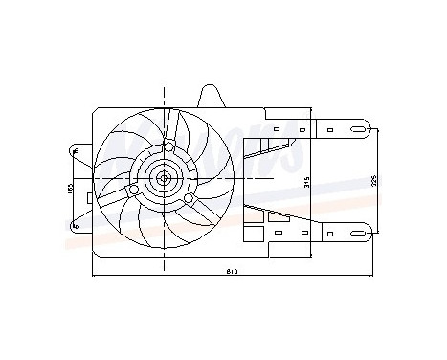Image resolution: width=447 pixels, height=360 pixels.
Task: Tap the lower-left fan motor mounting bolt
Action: [x=134, y=191]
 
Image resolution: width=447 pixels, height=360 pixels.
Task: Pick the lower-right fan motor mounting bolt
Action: [x=190, y=198]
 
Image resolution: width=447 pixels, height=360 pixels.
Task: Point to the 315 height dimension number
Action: [x=305, y=183]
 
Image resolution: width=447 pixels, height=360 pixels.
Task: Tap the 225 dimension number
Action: [x=374, y=179]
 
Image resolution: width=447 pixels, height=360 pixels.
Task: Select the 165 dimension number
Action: [x=70, y=189]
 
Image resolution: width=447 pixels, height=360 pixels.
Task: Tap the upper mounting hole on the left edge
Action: [x=76, y=149]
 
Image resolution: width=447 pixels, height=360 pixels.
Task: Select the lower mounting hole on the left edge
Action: [x=76, y=224]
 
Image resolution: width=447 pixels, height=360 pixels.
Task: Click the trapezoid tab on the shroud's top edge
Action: [x=209, y=95]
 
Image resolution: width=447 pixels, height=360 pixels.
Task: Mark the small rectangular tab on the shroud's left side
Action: [x=89, y=198]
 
